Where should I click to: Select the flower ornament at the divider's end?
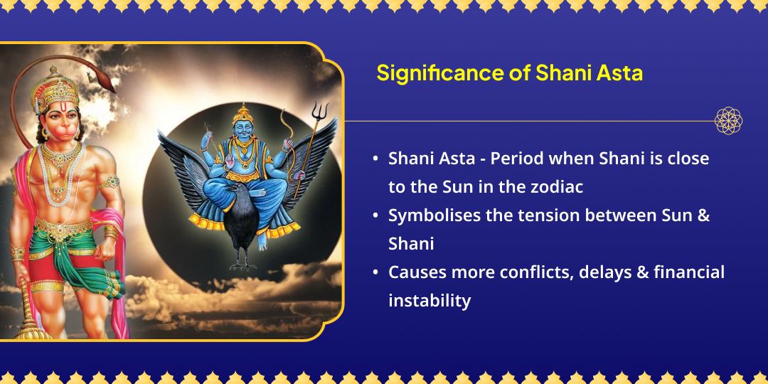click(x=728, y=121)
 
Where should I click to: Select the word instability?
click(x=430, y=300)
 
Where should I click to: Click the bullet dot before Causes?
click(x=375, y=272)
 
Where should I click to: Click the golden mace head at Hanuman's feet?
click(x=28, y=327)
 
